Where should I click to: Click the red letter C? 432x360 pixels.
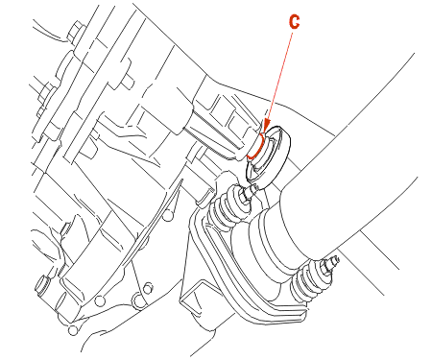pyautogui.click(x=294, y=22)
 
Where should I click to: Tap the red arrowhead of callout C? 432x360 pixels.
pyautogui.click(x=266, y=128)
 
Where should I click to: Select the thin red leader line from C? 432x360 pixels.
pyautogui.click(x=279, y=76)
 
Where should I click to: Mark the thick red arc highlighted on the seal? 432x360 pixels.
pyautogui.click(x=256, y=147)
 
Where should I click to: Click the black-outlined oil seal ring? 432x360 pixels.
pyautogui.click(x=268, y=155)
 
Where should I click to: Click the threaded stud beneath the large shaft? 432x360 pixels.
pyautogui.click(x=330, y=261)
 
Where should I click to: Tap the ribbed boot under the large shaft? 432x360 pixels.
pyautogui.click(x=306, y=281)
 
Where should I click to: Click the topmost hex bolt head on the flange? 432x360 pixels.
pyautogui.click(x=75, y=32)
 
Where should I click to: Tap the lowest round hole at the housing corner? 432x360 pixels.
pyautogui.click(x=73, y=330)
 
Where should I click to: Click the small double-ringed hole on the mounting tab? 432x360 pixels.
pyautogui.click(x=147, y=288)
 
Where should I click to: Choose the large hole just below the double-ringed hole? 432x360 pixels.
pyautogui.click(x=138, y=300)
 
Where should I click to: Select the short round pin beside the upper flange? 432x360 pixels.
pyautogui.click(x=128, y=83)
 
